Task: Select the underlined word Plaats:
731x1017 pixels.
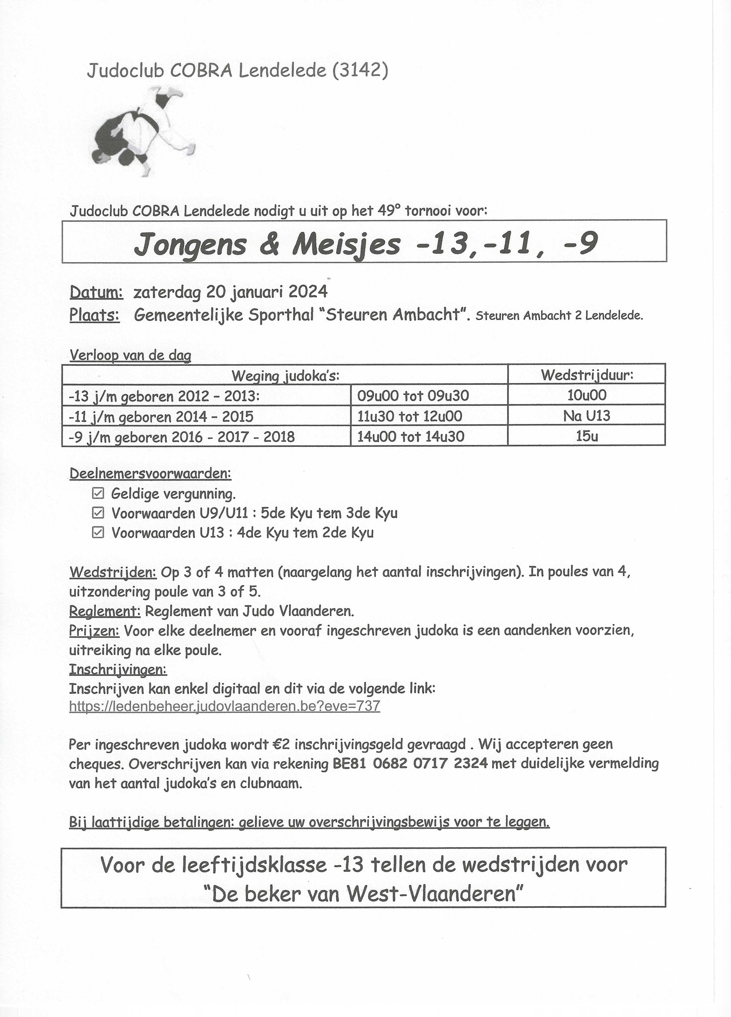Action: point(94,315)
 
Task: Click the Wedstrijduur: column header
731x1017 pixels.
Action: point(587,375)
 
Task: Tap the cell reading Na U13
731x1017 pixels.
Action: point(587,416)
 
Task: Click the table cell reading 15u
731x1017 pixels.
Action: point(587,436)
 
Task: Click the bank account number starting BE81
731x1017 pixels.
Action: point(410,764)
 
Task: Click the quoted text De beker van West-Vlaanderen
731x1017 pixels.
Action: point(364,895)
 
